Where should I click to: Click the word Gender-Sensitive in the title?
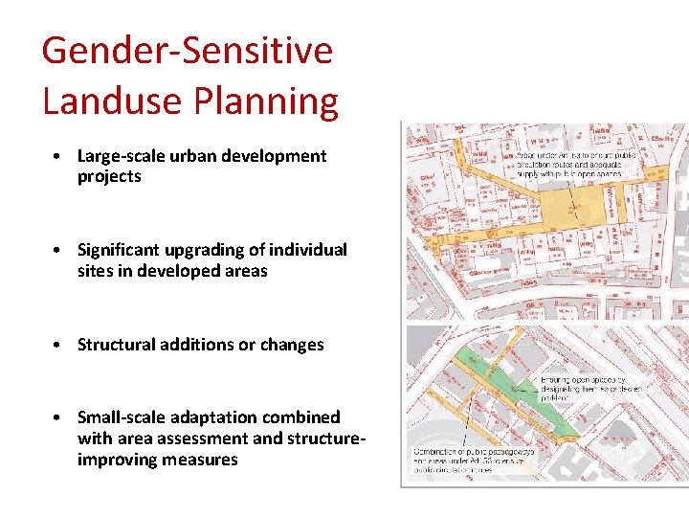coord(187,50)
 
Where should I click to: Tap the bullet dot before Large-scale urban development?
coord(59,156)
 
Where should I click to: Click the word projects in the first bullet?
coord(109,177)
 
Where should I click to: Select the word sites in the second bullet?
coord(96,271)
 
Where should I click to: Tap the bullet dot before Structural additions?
coord(59,345)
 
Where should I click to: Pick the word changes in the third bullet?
coord(291,345)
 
